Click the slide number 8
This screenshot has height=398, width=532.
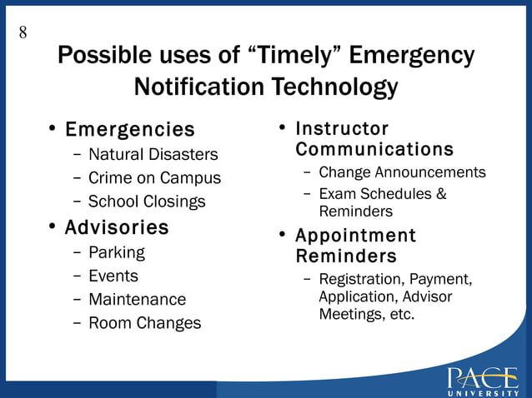coord(23,32)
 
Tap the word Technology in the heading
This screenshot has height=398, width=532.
coord(332,87)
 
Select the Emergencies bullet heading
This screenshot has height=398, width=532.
coord(129,130)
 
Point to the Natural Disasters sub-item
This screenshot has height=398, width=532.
coord(153,154)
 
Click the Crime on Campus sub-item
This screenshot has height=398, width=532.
coord(154,177)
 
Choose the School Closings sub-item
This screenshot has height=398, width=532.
coord(147,201)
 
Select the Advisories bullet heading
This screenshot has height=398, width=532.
coord(117,227)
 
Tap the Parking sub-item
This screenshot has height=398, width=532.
coord(116,252)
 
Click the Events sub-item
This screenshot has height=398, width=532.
coord(113,276)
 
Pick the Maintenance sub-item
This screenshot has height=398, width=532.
coord(137,299)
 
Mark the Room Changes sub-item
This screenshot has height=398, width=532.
coord(144,323)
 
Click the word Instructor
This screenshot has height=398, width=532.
coord(342,129)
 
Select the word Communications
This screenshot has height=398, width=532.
coord(374,150)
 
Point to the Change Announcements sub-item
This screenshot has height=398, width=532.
coord(402,172)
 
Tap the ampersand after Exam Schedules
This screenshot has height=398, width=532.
coord(441,194)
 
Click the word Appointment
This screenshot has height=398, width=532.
coord(355,236)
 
